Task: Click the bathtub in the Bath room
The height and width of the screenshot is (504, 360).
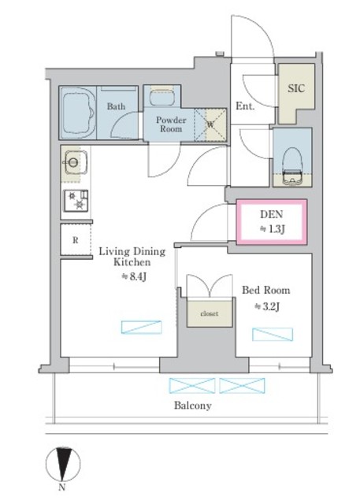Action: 78,113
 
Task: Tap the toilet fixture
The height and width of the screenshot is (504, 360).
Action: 292,166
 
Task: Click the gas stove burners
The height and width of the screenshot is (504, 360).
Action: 76,201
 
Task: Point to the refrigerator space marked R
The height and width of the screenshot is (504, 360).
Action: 76,239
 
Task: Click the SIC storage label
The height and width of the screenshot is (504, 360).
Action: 296,88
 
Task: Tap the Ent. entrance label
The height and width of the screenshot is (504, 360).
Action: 245,106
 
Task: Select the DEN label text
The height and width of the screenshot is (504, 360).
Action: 271,214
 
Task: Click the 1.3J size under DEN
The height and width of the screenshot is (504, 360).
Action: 273,229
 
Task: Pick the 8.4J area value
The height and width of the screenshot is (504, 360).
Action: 134,276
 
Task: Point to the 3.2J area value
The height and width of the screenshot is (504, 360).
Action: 267,306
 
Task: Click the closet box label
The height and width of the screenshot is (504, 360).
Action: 210,313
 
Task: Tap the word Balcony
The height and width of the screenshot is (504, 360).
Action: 192,406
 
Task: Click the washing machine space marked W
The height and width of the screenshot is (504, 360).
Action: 210,124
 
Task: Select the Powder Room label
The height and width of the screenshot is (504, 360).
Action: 171,124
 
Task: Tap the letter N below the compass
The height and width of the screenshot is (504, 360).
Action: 62,487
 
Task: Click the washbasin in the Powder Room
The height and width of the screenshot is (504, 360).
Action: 162,95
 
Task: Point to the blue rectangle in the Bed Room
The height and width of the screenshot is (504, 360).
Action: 273,334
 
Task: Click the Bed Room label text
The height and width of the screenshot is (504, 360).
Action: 265,291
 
